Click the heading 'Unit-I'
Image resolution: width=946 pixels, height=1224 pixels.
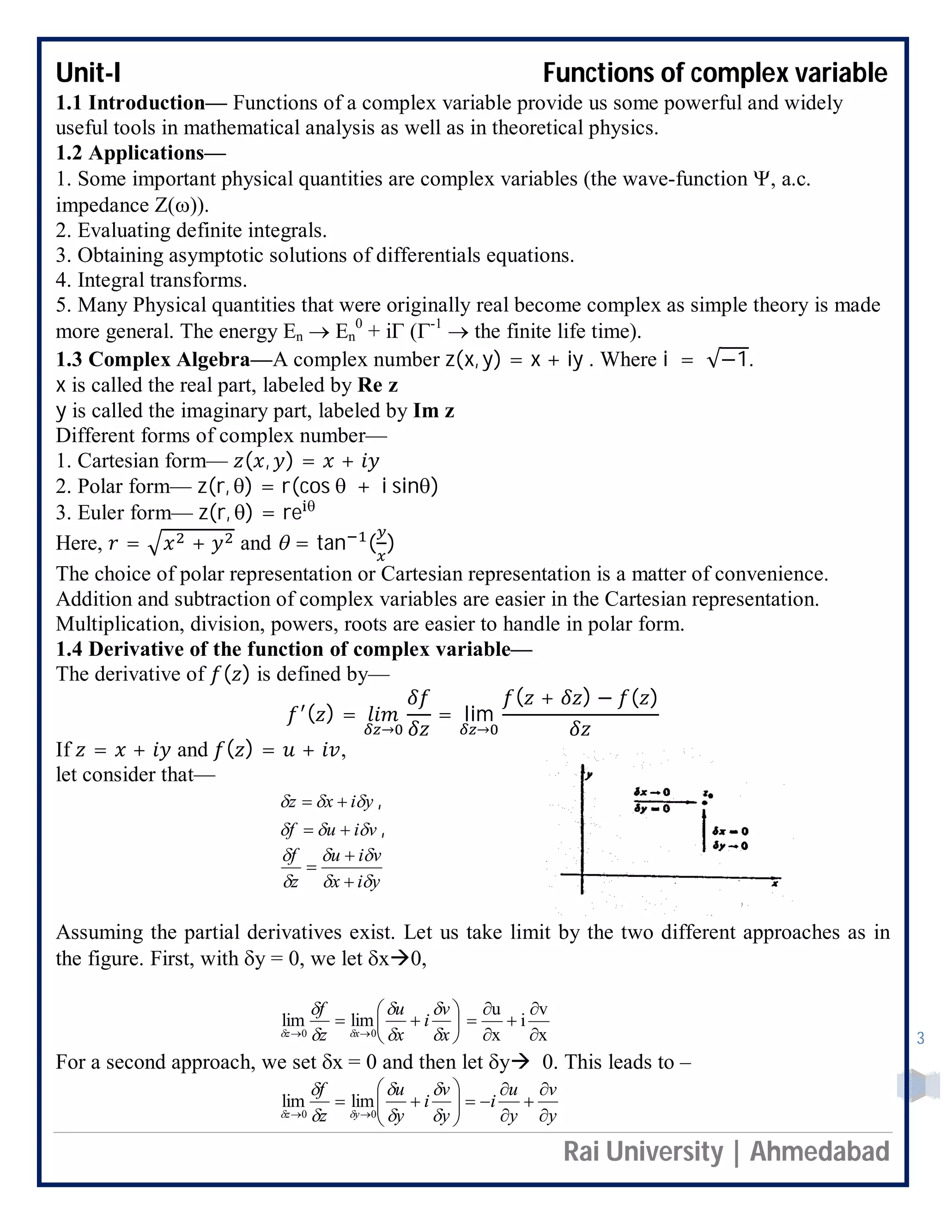point(88,73)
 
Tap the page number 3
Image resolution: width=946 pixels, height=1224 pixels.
point(920,1038)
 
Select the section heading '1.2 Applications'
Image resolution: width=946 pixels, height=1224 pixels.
point(140,153)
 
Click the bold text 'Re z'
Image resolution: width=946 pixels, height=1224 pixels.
point(378,385)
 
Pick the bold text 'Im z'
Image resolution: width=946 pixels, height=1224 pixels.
point(433,411)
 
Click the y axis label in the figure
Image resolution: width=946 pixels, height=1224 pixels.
point(589,775)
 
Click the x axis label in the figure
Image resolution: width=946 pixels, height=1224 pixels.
point(775,884)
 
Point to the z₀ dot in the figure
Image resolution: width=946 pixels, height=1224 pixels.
point(705,803)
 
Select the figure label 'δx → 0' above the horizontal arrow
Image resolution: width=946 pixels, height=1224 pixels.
point(652,792)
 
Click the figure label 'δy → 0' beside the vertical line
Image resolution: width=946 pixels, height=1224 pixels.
point(730,846)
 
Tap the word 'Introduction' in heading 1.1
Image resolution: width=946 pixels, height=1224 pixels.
point(147,103)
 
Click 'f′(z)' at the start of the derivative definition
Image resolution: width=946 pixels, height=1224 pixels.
point(310,715)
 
